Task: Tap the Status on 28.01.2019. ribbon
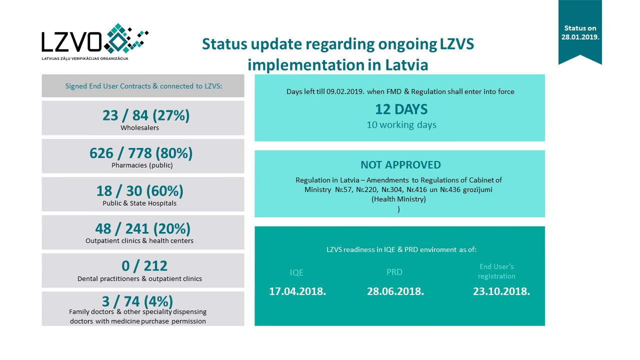tap(580, 32)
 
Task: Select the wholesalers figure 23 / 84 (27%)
tap(146, 115)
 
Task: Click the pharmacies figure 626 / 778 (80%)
tap(141, 153)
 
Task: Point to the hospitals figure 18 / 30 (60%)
tap(140, 191)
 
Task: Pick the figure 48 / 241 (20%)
tap(143, 228)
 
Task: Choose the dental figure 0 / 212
tap(140, 266)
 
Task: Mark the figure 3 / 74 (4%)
tap(137, 301)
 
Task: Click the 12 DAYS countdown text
tap(401, 109)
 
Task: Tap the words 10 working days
tap(401, 125)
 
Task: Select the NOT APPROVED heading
tap(400, 165)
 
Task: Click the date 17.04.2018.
tap(297, 291)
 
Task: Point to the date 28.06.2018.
tap(395, 291)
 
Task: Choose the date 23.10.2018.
tap(501, 291)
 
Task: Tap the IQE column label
tap(297, 272)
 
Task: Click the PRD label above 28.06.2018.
tap(394, 272)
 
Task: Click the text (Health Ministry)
tap(398, 199)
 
